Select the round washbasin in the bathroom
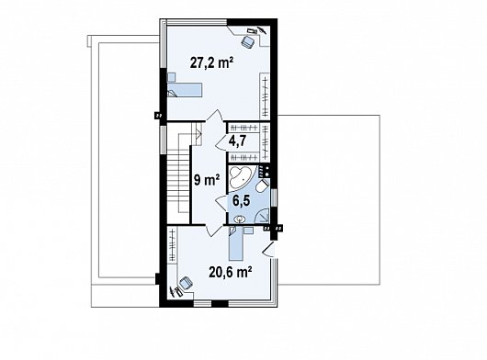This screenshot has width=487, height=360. click(240, 219)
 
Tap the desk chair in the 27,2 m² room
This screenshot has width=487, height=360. click(249, 40)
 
